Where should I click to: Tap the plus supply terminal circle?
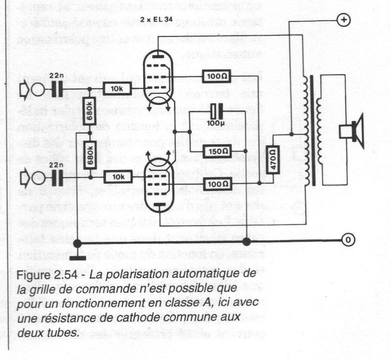point(344,21)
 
